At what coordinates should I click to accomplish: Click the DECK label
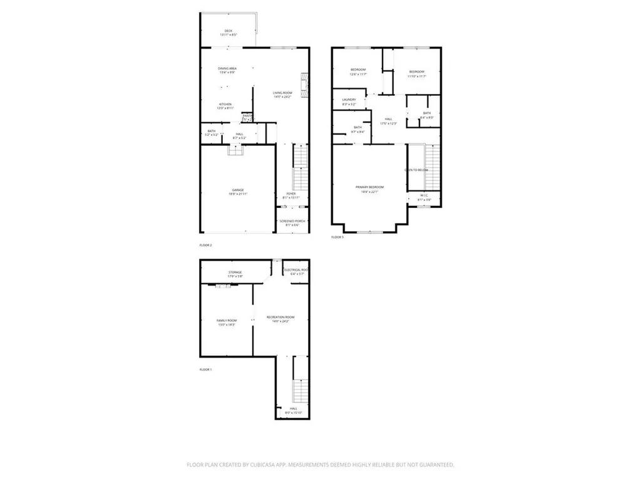[x=228, y=31]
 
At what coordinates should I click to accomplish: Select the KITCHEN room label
[x=225, y=104]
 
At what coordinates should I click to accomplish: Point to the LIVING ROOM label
[x=282, y=93]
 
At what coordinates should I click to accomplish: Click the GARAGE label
[x=237, y=190]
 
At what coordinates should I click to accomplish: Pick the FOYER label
[x=291, y=194]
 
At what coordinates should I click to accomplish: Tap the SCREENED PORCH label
[x=292, y=222]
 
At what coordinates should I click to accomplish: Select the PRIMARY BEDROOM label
[x=369, y=187]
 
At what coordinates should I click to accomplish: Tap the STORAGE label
[x=235, y=272]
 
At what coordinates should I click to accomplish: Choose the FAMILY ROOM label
[x=227, y=320]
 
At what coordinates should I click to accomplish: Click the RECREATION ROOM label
[x=280, y=318]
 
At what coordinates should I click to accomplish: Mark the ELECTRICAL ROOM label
[x=295, y=270]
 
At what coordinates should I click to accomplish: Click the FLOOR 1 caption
[x=205, y=370]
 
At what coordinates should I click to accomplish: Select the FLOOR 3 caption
[x=337, y=237]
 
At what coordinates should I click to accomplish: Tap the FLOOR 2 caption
[x=205, y=245]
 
